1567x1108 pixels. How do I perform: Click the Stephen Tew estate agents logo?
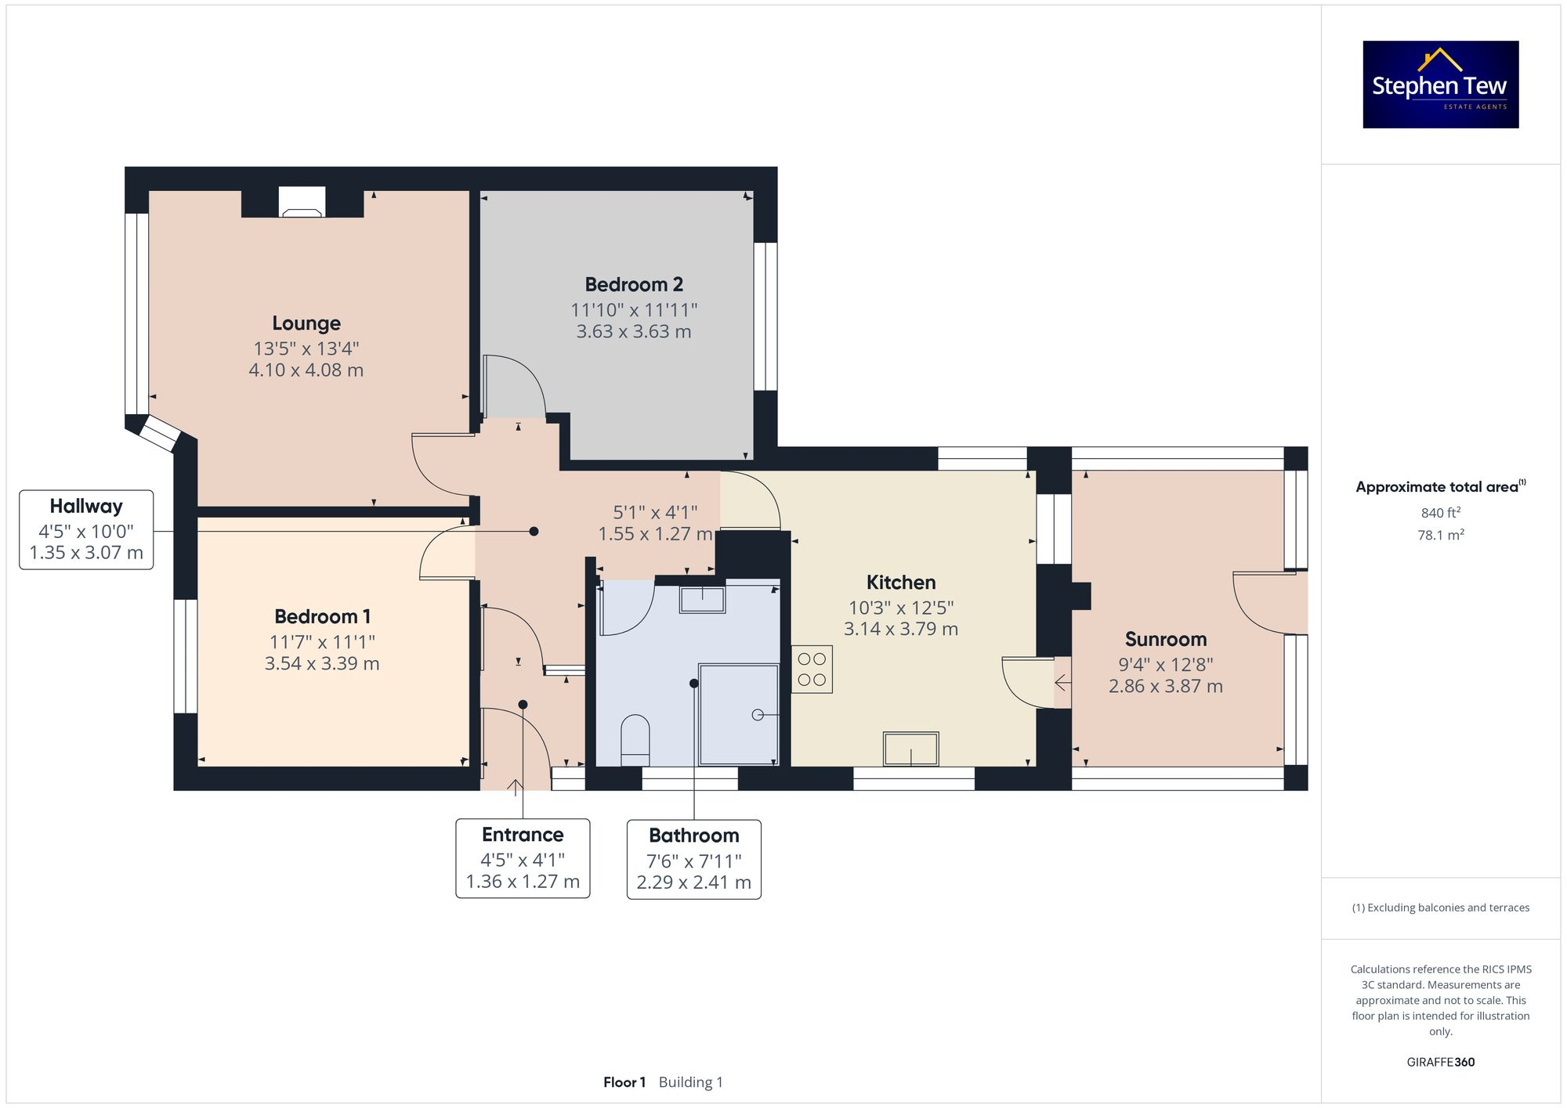click(1440, 85)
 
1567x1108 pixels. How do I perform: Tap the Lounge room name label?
click(306, 323)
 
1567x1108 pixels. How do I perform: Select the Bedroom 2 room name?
click(634, 284)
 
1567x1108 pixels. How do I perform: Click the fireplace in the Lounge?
click(302, 204)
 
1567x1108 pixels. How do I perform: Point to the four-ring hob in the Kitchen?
click(812, 669)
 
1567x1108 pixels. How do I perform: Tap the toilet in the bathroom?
click(635, 738)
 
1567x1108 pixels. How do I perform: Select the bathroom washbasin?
click(702, 600)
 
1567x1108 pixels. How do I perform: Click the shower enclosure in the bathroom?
click(739, 714)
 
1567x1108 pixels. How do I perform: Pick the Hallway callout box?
click(86, 529)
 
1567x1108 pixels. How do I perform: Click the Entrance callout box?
click(523, 858)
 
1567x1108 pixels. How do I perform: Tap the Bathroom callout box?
click(693, 859)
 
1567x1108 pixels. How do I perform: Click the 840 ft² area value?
click(1440, 513)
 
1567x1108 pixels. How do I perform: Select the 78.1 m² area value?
click(1440, 535)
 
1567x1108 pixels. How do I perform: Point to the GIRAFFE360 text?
click(1440, 1063)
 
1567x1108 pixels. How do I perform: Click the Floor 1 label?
click(624, 1082)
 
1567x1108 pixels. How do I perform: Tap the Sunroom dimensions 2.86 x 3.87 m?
click(1165, 687)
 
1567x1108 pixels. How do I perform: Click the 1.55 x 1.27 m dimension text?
click(655, 534)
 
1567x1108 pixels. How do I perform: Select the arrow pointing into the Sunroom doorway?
click(1062, 683)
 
